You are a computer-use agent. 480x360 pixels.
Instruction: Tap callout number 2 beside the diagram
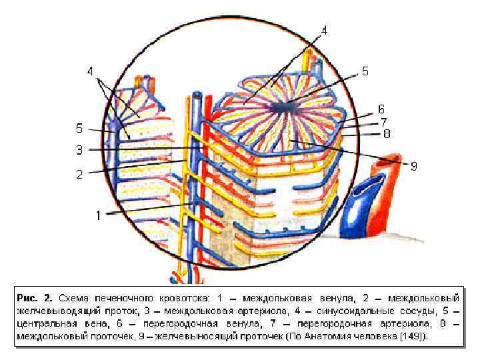tap(79, 175)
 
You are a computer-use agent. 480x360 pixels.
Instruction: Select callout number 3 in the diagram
tap(79, 149)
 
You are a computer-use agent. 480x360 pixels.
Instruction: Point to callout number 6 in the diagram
tap(381, 109)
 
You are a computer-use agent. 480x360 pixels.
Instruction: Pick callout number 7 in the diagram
tap(384, 122)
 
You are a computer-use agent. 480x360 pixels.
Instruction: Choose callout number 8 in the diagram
tap(386, 133)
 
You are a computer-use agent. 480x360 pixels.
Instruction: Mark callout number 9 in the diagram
tap(413, 166)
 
